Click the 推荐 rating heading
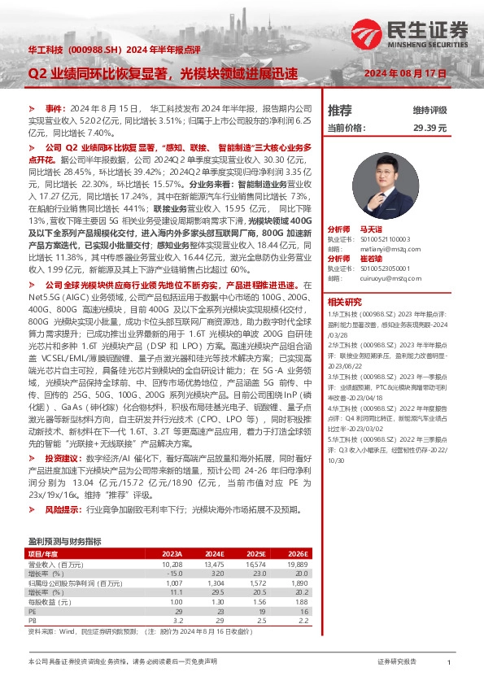pyautogui.click(x=339, y=110)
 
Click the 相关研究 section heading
pyautogui.click(x=344, y=300)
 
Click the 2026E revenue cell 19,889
pyautogui.click(x=298, y=563)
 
